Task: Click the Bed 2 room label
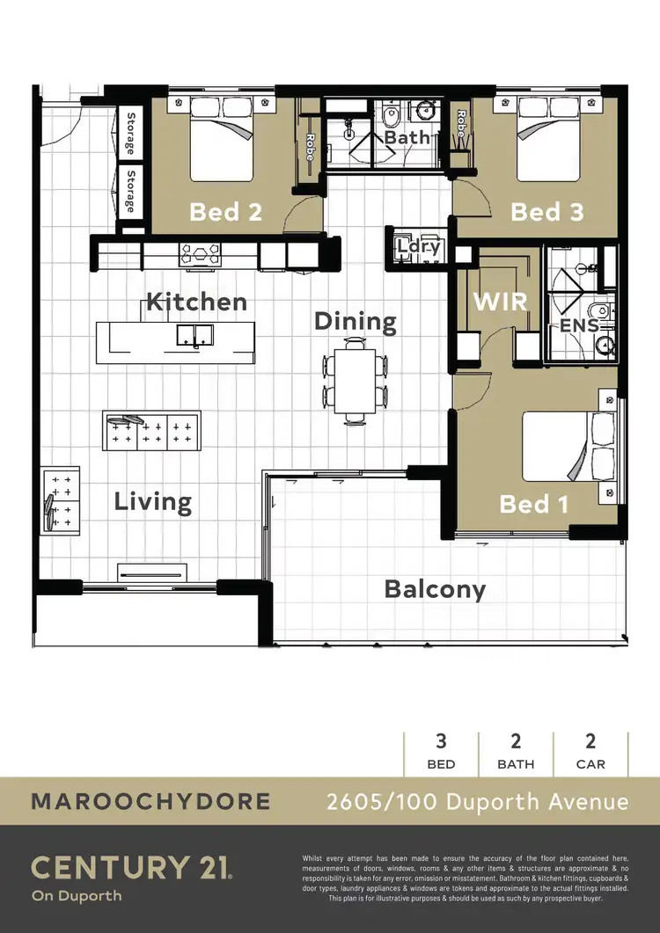(225, 212)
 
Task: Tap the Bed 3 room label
(546, 212)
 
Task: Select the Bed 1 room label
(533, 504)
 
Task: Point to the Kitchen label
(196, 302)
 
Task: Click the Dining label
(355, 322)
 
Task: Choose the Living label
(153, 502)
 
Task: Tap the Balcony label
(435, 588)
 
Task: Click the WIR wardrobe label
(500, 302)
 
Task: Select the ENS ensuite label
(579, 325)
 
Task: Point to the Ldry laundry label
(417, 248)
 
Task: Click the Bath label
(407, 137)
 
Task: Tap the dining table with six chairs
(356, 383)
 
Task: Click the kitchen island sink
(194, 334)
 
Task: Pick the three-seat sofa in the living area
(151, 431)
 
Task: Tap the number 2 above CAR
(590, 741)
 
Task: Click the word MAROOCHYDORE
(150, 801)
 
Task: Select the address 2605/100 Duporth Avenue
(478, 801)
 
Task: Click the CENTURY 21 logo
(132, 868)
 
